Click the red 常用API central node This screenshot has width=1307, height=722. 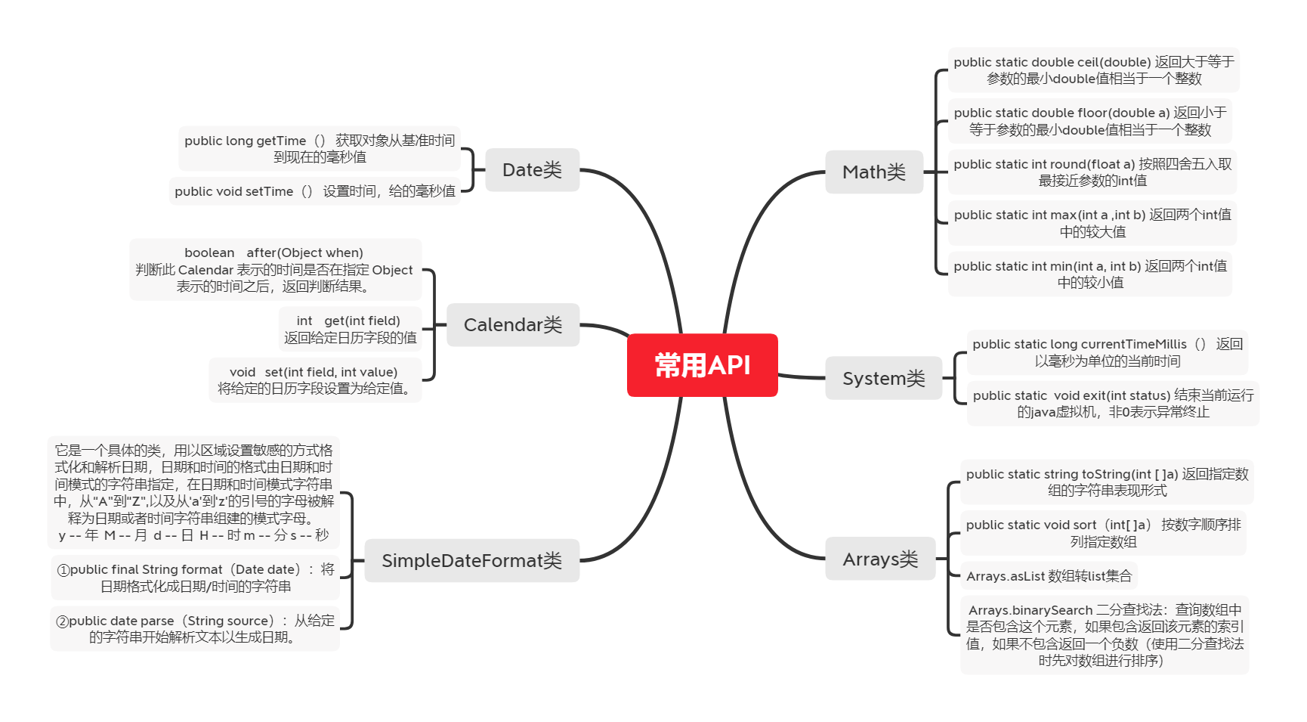[702, 365]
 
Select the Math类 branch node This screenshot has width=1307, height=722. [873, 172]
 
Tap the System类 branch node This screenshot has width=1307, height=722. [883, 378]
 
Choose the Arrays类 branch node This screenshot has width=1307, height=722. [880, 559]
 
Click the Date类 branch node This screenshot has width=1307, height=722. [532, 169]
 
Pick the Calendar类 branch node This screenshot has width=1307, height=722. [512, 324]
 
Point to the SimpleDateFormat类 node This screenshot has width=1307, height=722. [471, 560]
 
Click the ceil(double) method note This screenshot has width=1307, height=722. [1093, 70]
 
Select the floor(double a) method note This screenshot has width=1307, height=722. [1089, 121]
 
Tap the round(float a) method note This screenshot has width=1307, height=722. [1092, 172]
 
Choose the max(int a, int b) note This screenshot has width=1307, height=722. [1092, 223]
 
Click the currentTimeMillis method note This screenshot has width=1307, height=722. [1107, 352]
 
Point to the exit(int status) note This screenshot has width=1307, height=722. [1112, 404]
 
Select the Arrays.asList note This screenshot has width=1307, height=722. [1049, 576]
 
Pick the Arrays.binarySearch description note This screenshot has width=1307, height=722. [1104, 634]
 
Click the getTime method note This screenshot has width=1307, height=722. [319, 148]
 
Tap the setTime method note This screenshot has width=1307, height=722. [314, 191]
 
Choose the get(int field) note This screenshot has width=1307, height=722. [349, 329]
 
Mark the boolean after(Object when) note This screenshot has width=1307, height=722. [274, 269]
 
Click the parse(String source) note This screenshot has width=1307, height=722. [194, 628]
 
